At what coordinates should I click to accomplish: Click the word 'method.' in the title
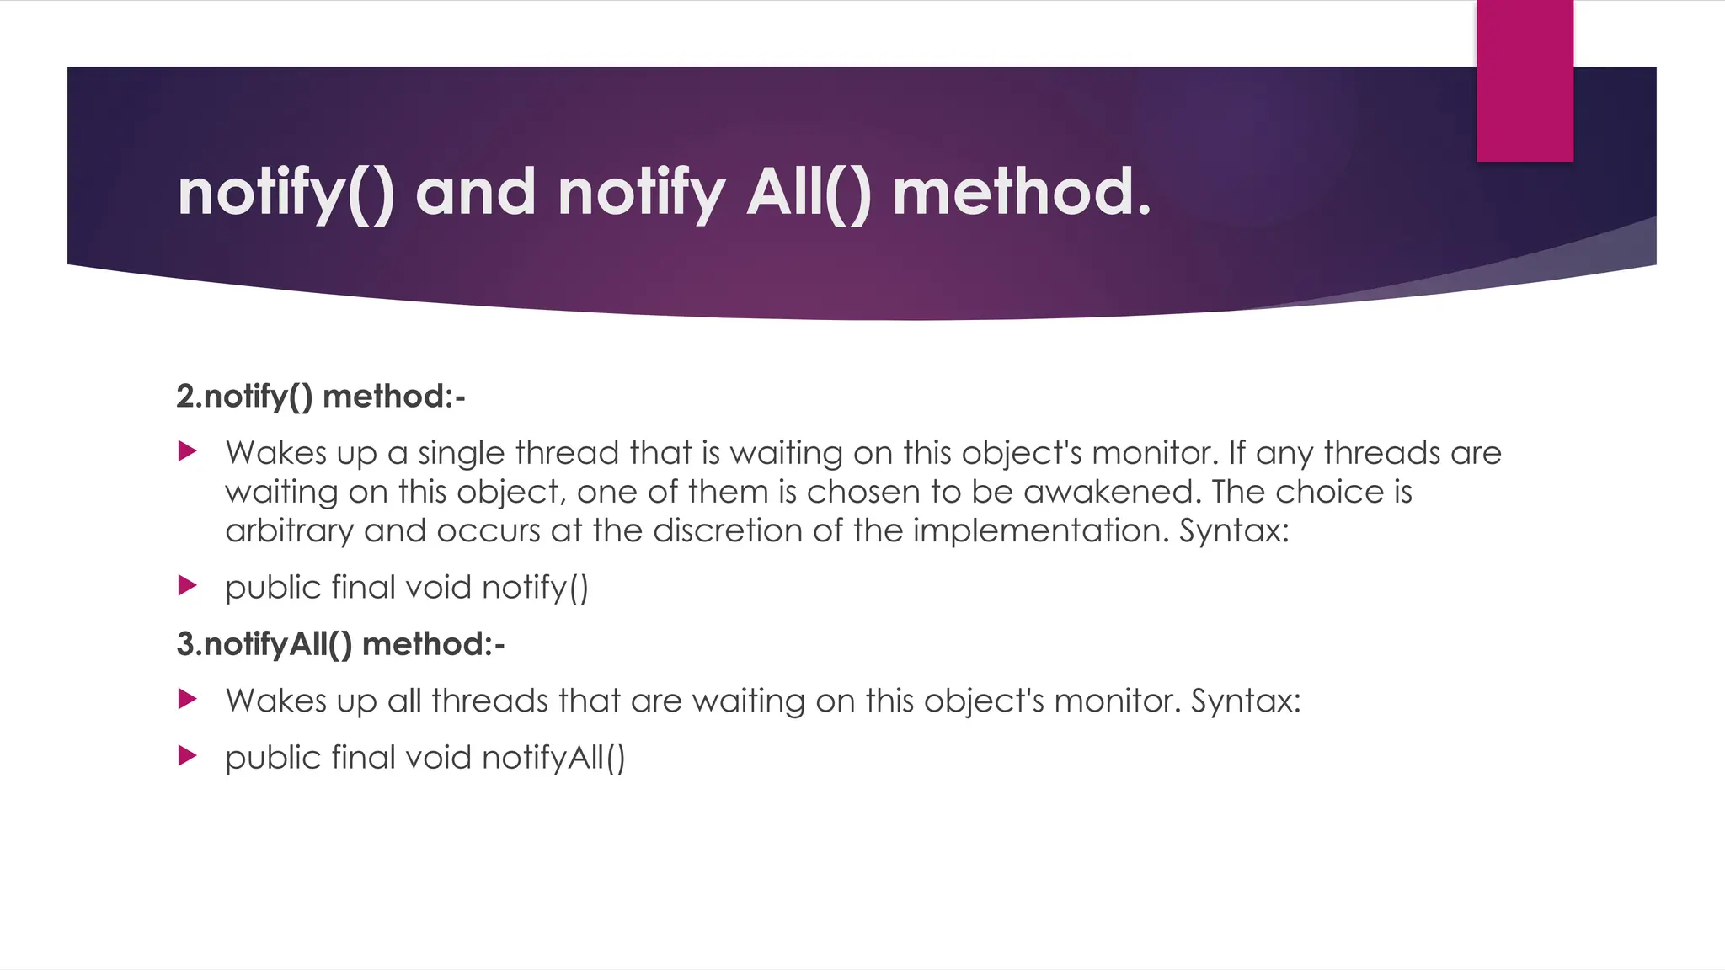[1021, 192]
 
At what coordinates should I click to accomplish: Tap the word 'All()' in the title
[808, 194]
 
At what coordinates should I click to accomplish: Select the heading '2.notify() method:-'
[320, 396]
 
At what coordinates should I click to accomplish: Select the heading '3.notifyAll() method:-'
[340, 644]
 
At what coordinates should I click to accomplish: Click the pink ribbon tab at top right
[1525, 81]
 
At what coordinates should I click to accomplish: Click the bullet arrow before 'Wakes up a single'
[188, 452]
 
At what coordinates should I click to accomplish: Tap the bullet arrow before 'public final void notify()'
[188, 586]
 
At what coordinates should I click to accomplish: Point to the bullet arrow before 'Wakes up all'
[188, 699]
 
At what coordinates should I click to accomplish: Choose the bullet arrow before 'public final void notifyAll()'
[188, 756]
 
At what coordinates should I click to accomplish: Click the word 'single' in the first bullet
[461, 454]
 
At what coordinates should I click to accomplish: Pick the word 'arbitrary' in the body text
[289, 531]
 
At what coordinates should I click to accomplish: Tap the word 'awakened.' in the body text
[1112, 492]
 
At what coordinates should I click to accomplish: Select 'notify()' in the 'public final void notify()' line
[535, 588]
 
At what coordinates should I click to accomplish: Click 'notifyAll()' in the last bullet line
[553, 758]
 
